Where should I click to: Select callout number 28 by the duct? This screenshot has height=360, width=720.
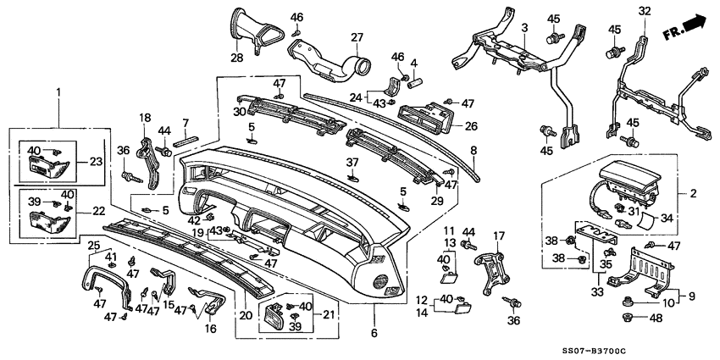236,58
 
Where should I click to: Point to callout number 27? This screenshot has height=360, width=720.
357,37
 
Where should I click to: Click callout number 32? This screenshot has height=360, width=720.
645,11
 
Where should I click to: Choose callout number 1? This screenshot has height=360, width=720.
58,91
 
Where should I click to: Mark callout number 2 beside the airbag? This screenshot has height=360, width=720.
693,193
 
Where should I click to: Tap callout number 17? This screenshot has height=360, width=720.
498,235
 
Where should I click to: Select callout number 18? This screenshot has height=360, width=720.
145,118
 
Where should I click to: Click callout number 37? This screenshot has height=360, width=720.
352,161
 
